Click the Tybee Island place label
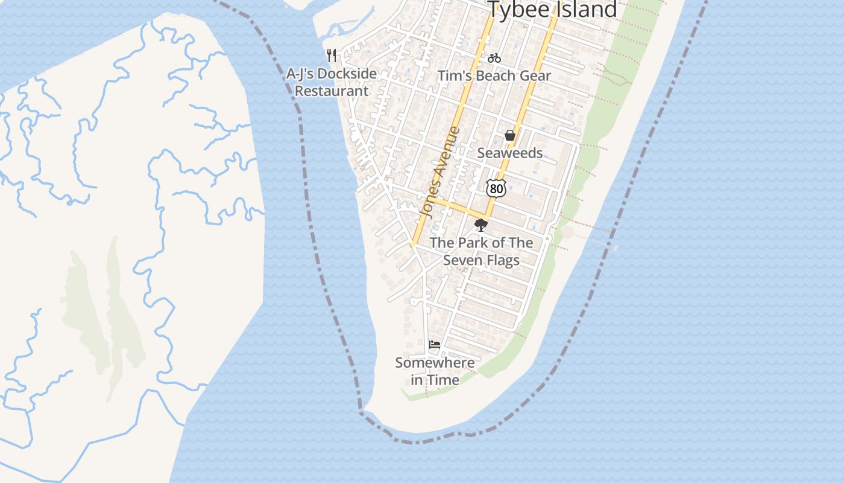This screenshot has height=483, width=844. (x=552, y=10)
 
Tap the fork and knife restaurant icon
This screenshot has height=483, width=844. (x=332, y=56)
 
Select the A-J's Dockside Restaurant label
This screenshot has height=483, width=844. (x=332, y=82)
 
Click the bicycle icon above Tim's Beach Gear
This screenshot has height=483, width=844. (x=494, y=58)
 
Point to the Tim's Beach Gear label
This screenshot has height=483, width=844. (x=494, y=76)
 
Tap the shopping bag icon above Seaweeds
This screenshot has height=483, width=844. (x=510, y=135)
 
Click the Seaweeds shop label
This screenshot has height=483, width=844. (x=510, y=153)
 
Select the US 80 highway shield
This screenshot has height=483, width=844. (x=496, y=188)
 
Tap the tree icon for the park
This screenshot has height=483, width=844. (x=480, y=226)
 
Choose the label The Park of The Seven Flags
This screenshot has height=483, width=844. (x=481, y=252)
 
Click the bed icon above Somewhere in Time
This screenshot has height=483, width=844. (x=435, y=345)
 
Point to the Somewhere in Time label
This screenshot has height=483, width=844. (x=435, y=371)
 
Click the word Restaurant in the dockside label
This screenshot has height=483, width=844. (x=332, y=91)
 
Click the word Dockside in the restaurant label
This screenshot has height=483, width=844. (x=347, y=74)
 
